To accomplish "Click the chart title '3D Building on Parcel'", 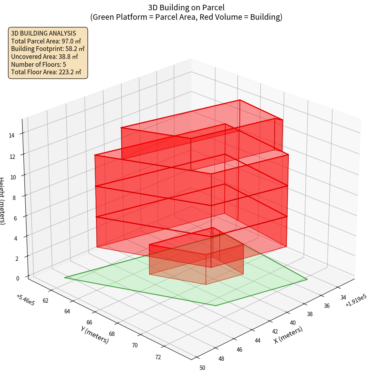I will tap(186, 7).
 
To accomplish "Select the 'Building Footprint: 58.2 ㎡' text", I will tap(48, 49).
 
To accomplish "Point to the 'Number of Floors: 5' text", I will tap(38, 64).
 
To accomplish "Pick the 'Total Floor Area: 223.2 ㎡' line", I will tap(46, 72).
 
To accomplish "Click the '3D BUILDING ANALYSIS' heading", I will tap(43, 33).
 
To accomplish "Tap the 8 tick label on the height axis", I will tap(14, 197).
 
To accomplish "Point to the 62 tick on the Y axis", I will tap(45, 301).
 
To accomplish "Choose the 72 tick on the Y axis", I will tap(158, 357).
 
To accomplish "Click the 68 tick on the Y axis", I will tap(112, 334).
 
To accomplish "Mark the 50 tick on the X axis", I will tap(202, 368).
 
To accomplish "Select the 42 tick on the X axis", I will tap(274, 332).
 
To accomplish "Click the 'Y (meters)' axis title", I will tap(94, 335).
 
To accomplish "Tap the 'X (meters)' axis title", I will tap(288, 335).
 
